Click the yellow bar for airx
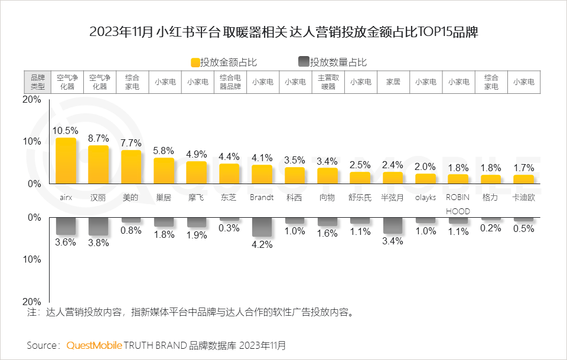(x=66, y=161)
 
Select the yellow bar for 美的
(x=131, y=167)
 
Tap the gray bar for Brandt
(x=262, y=227)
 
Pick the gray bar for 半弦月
(x=393, y=225)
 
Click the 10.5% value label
(x=66, y=130)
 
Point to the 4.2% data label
(x=262, y=245)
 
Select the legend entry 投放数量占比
(x=333, y=63)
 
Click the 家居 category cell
(x=393, y=82)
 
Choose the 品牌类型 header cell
(x=37, y=82)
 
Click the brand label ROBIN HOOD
(x=458, y=204)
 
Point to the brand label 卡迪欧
(x=523, y=198)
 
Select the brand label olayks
(x=425, y=198)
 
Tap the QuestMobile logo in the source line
(x=94, y=345)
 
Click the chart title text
(x=283, y=32)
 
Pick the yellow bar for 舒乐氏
(x=360, y=178)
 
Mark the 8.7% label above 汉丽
(x=98, y=138)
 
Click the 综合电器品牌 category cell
(x=229, y=82)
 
